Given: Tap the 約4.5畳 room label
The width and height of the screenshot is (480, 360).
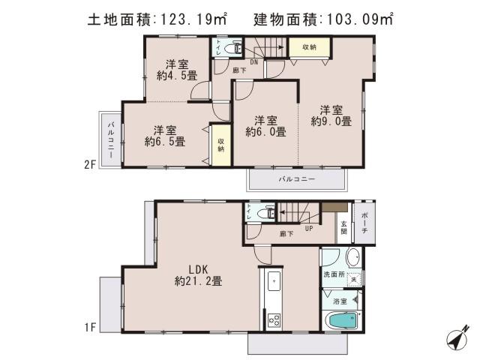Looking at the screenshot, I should [x=177, y=70].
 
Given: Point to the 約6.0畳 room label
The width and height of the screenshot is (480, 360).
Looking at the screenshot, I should [x=265, y=126].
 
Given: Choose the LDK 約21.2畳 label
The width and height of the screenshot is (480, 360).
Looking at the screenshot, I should [x=198, y=275].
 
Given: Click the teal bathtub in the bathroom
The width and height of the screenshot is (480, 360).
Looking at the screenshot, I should [x=344, y=322].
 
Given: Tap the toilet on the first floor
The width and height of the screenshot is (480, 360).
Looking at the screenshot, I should [x=264, y=214].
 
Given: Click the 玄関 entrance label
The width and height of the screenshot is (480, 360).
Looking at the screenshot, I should [x=344, y=228].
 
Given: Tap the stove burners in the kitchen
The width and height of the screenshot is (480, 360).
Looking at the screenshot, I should [x=274, y=319].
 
